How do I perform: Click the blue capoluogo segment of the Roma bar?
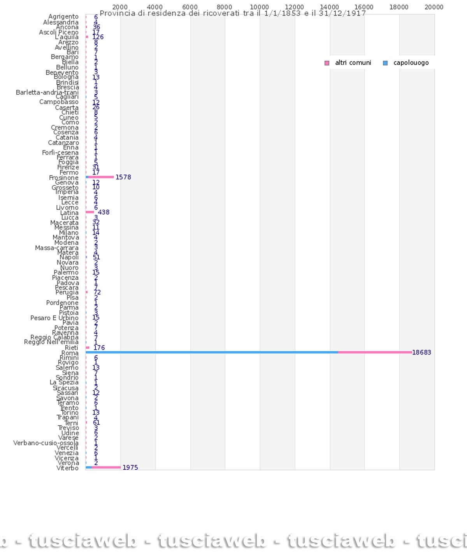coord(212,352)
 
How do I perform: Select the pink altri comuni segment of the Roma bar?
coord(375,352)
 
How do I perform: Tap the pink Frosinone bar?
coord(101,177)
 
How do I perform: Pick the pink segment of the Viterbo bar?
coord(106,467)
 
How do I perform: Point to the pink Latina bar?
coord(90,212)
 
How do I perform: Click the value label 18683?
coord(421,352)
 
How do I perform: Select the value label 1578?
coord(123,177)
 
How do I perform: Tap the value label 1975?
coord(130,468)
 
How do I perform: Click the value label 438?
coord(104,212)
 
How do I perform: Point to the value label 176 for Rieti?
coord(99,348)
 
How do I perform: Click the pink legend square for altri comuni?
coord(327,63)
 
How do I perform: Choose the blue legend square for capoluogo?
coord(385,63)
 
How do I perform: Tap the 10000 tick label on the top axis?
coord(259,7)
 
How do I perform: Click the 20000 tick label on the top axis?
coord(434,7)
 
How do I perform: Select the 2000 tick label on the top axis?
coord(120,7)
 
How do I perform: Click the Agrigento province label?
coord(63,17)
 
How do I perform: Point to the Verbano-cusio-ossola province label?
coord(46,443)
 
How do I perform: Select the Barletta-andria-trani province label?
coord(47,92)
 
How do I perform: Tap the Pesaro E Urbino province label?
coord(54,318)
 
